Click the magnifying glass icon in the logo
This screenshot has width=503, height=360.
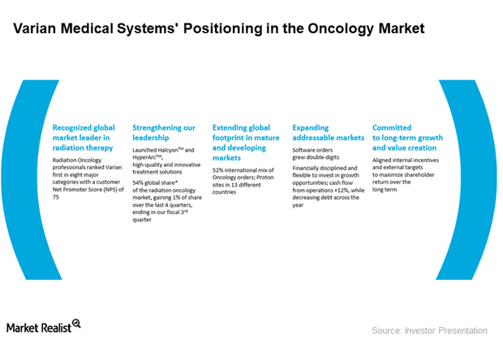click(x=77, y=323)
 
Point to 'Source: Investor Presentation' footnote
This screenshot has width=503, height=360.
click(x=429, y=330)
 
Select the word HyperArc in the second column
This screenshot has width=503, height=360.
click(x=148, y=157)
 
